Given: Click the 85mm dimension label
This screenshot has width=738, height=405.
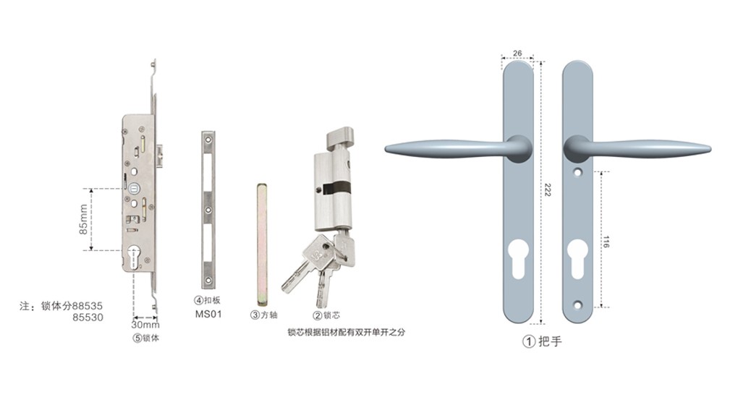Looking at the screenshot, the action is coord(83,220).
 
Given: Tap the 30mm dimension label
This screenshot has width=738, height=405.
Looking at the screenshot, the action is coord(145,325).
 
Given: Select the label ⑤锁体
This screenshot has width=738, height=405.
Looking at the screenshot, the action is coord(146,338).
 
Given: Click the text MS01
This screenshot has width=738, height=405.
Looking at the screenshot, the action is coord(208,314).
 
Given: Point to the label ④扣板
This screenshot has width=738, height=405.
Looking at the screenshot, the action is coord(207,300).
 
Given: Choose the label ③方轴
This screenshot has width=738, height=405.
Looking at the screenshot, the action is coord(263,315).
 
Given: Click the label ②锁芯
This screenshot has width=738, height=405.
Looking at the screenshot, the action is coord(326,315).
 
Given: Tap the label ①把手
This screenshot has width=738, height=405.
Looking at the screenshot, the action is coord(542,341).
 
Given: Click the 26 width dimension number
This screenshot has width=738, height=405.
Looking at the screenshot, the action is coord(517,53).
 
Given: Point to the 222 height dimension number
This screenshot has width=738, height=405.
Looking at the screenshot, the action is coord(547,189).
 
